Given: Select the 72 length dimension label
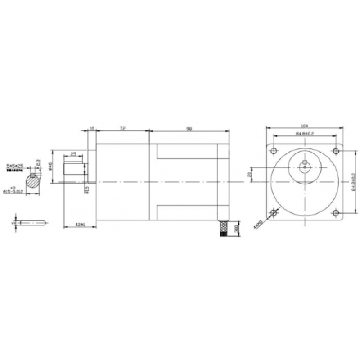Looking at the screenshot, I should [x=122, y=129].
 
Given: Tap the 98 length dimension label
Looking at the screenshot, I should [x=190, y=129].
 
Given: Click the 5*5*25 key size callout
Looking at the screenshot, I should [x=15, y=166].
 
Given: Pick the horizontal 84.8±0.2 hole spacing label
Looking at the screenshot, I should [x=305, y=134].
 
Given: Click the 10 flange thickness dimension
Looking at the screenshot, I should [x=92, y=129].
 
